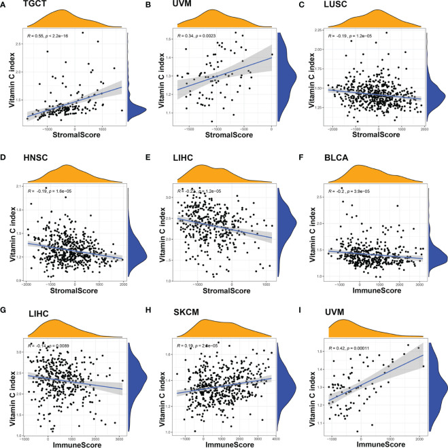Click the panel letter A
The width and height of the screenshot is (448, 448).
(x=5, y=5)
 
